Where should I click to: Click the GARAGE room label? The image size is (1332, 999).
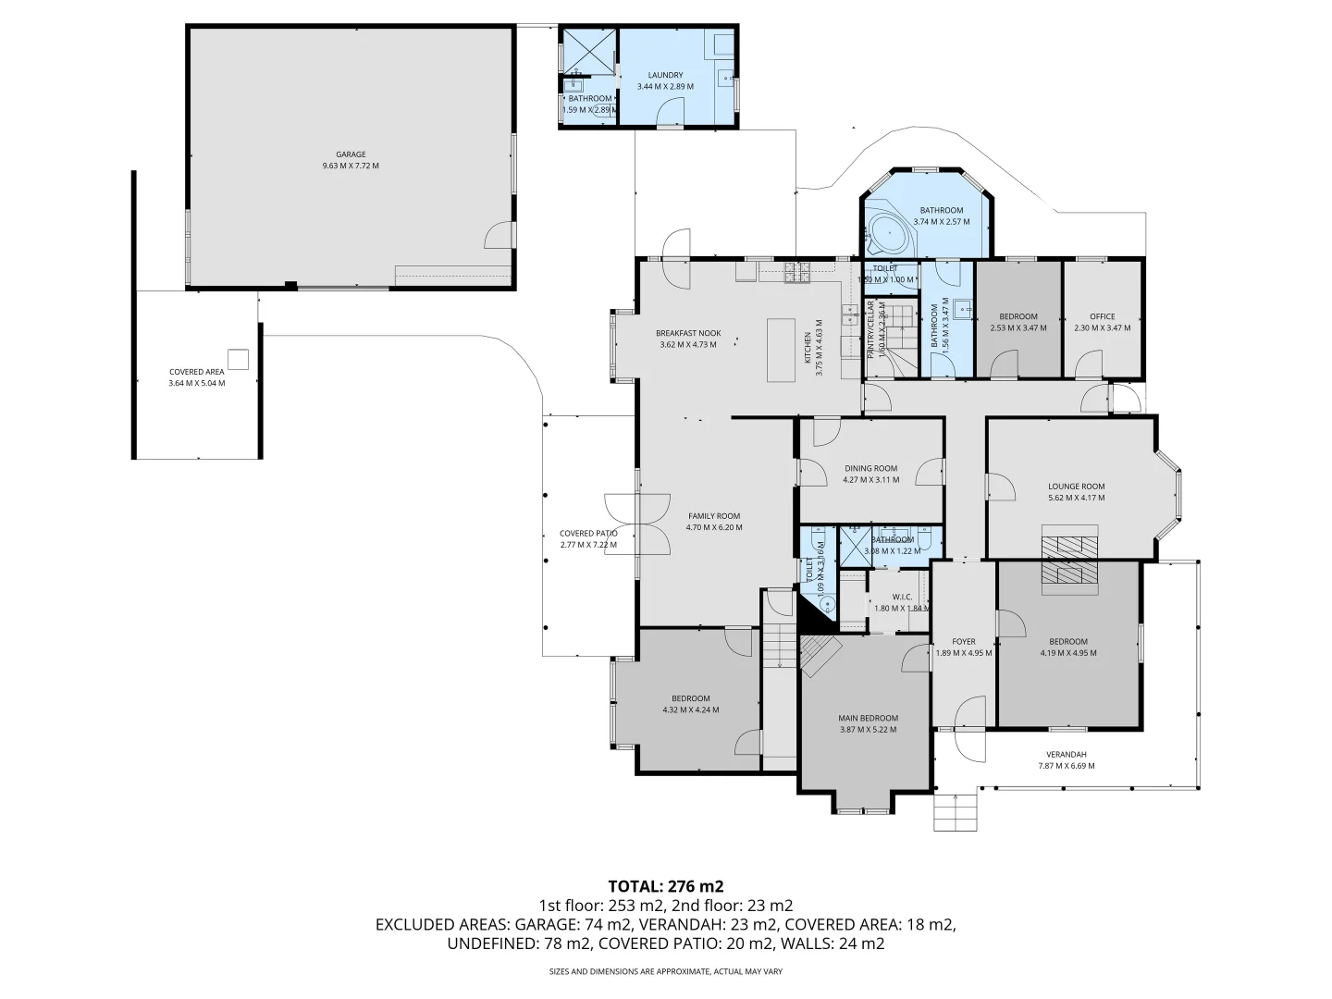(351, 154)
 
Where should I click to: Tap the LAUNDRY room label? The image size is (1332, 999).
(665, 75)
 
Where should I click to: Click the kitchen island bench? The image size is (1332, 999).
(781, 350)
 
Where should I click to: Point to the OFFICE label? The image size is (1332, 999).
(1102, 316)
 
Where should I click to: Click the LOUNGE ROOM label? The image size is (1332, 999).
(1076, 487)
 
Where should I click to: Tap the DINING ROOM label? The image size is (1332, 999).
(870, 468)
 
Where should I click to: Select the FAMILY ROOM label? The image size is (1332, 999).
(714, 516)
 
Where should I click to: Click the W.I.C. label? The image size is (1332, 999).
(902, 597)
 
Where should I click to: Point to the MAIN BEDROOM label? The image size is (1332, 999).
(868, 718)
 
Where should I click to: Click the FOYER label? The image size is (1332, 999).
(964, 641)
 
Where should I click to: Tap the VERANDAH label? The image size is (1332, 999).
(1066, 753)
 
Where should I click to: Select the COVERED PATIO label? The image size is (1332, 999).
(588, 534)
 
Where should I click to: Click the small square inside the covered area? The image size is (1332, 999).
(239, 359)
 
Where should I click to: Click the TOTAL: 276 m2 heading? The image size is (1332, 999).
(665, 886)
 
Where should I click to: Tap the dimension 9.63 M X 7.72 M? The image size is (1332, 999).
(351, 166)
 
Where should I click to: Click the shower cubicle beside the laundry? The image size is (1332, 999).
(590, 52)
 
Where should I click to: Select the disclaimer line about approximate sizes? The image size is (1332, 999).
(665, 972)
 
